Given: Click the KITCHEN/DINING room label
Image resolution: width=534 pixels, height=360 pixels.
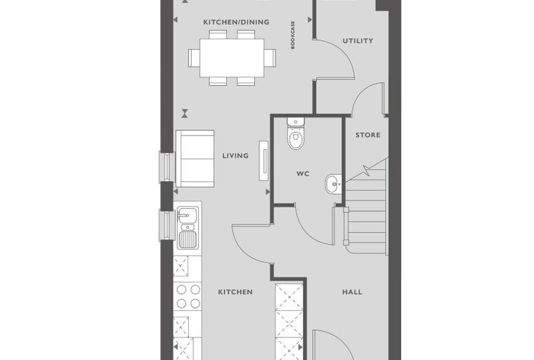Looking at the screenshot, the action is coord(236,22).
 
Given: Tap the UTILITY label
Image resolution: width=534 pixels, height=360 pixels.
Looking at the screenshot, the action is coord(358,41).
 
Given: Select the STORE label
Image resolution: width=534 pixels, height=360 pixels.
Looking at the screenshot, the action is coord(367,135).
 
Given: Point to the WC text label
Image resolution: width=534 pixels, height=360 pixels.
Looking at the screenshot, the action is coord(303,174).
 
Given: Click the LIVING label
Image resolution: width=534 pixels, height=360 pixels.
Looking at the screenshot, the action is coord(235,156).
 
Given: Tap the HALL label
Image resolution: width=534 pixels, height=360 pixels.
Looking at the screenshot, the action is coord(352,292).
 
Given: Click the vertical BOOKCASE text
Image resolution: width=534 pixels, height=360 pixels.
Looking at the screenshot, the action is coord(293,35).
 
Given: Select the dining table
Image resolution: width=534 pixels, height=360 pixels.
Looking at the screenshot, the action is coord(232,58).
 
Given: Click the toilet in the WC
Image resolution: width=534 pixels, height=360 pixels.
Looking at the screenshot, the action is coord(295,134).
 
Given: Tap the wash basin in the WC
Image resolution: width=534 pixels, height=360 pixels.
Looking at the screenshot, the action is coord(334,184).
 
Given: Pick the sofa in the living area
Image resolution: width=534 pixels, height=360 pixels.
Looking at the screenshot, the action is coord(195,158).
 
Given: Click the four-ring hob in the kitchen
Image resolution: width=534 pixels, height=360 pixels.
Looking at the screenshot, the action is coord(188,296).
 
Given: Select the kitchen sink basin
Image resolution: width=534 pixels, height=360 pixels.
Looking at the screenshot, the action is coord(187,215).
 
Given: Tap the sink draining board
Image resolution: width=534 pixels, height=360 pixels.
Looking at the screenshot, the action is coord(188,239).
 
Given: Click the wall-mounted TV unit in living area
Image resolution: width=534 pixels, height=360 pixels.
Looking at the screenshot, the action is coord(264,160).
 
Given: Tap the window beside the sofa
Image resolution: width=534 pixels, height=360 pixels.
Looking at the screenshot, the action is coord(167,167).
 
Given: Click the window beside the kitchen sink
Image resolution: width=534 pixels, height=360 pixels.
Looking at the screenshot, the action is coord(167,225).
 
